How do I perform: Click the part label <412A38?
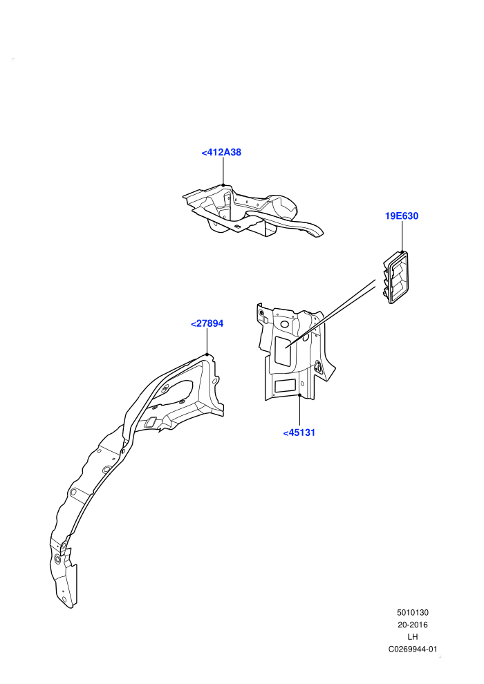[221, 152]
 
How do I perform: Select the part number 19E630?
[402, 216]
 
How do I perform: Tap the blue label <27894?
[207, 323]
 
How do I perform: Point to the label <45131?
[299, 433]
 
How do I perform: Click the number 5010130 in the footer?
[413, 612]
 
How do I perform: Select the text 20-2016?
[413, 625]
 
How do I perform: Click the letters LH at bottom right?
[413, 637]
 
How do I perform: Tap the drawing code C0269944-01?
[413, 649]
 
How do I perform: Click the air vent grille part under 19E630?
[396, 278]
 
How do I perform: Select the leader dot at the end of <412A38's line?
[223, 185]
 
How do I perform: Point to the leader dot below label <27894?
[207, 354]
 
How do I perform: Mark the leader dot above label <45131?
[300, 395]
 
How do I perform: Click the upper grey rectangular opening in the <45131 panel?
[283, 351]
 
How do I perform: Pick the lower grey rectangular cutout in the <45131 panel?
[285, 386]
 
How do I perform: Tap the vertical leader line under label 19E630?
[402, 237]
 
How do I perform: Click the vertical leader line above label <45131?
[300, 411]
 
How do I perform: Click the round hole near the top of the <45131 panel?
[285, 324]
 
